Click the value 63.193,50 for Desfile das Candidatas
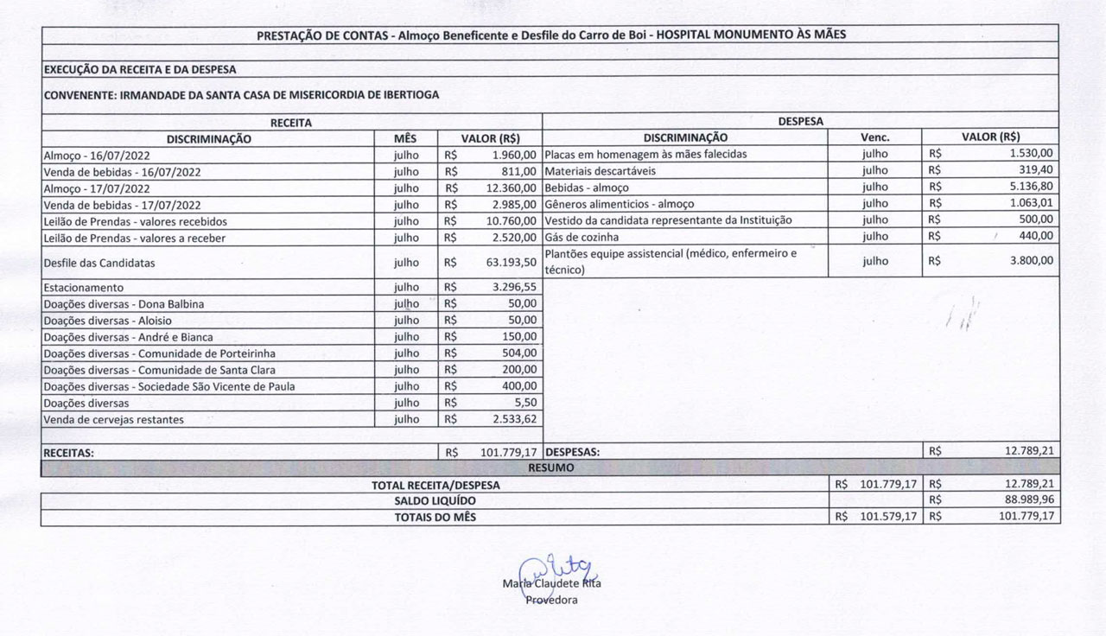512,263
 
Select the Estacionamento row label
84,287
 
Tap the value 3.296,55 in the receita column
512,287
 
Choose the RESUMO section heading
550,467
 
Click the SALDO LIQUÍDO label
435,500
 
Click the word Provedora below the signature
552,601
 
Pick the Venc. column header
874,137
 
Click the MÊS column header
405,137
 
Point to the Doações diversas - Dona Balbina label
124,303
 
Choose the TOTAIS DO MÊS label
435,517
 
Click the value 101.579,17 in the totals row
888,517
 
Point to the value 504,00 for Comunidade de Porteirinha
519,353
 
